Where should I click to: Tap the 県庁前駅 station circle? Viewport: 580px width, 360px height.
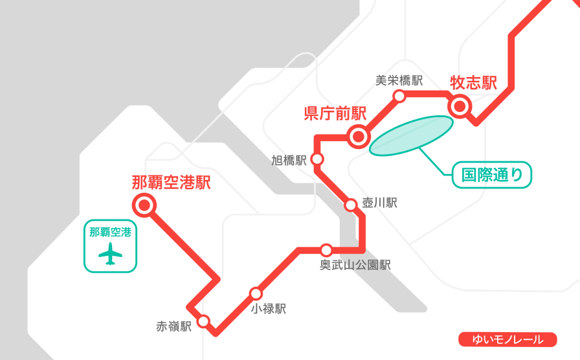357,137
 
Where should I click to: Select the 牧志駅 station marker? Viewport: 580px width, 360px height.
460,106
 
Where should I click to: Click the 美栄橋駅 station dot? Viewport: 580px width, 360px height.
399,96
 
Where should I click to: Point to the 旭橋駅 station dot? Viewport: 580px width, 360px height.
317,159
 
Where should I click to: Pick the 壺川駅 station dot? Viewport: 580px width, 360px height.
350,205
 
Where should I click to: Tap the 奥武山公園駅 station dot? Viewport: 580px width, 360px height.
326,250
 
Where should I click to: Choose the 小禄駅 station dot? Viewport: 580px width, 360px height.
256,293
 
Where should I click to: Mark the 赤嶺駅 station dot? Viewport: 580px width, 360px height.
203,321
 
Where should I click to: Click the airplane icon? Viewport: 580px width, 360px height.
111,254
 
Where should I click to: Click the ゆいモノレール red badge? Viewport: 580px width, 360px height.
508,339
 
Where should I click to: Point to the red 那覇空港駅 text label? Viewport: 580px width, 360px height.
172,183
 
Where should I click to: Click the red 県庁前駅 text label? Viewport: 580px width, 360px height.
335,113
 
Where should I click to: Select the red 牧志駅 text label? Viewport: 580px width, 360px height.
474,83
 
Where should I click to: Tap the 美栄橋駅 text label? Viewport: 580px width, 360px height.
399,80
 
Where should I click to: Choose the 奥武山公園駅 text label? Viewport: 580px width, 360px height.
355,265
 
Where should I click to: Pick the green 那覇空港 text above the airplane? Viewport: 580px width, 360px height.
111,232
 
